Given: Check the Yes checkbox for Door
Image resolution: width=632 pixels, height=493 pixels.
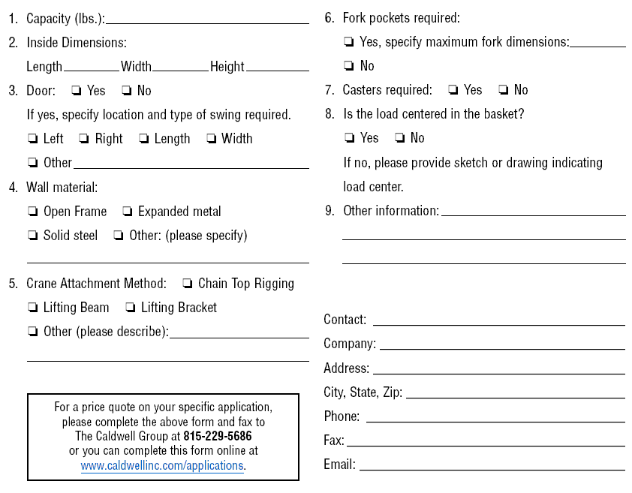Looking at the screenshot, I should point(77,91).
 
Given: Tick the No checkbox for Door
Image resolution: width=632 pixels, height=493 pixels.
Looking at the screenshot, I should point(126,91).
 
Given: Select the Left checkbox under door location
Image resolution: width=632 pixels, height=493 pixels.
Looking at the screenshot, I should point(32,139).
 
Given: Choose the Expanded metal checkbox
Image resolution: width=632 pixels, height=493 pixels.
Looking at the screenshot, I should point(128,212).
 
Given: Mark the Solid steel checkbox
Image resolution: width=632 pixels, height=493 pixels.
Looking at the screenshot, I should point(32,236).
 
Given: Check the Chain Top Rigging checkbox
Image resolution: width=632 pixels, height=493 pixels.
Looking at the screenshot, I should point(188,284).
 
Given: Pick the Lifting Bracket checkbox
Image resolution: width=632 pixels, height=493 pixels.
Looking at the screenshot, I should point(131,308).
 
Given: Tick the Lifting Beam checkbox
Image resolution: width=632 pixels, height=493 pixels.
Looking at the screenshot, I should point(32,308).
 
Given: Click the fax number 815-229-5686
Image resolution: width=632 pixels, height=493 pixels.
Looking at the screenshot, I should point(218,436).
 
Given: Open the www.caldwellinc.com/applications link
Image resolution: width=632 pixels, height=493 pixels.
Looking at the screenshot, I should point(163,465).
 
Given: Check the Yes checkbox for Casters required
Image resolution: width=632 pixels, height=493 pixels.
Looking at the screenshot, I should point(453,90).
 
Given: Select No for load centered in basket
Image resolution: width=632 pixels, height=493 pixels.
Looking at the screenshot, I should point(400,138).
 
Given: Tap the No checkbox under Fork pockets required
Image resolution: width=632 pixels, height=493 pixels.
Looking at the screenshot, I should point(349,66).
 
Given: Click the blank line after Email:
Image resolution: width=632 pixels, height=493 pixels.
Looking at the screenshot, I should point(492,466).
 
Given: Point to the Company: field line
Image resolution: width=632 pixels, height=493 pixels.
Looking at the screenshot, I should point(501,345).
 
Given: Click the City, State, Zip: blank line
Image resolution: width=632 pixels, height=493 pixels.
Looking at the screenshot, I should point(515,394).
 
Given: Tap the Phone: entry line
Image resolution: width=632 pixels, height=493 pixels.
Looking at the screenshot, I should point(495,418).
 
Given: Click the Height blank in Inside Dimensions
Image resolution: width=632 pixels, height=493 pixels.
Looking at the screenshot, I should point(277,68).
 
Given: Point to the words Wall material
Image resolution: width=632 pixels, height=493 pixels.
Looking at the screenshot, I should point(62,188).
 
